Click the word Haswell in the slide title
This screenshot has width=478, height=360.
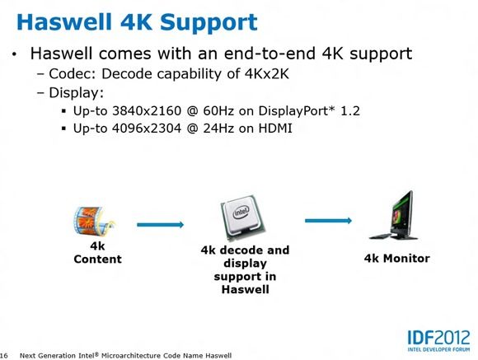pos(64,21)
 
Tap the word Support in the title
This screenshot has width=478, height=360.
pos(209,23)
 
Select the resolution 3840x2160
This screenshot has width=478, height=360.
pos(147,110)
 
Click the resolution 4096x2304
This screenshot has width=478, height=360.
pos(147,129)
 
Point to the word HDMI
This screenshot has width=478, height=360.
pos(275,129)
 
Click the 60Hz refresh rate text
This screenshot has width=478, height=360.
pos(218,110)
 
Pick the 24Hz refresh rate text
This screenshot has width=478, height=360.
pos(218,129)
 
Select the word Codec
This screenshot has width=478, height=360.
pos(73,74)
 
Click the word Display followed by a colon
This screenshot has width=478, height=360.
pos(76,92)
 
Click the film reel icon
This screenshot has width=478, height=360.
pos(95,221)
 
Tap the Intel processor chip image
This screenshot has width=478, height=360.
pos(243,217)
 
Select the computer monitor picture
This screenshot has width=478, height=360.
pos(393,216)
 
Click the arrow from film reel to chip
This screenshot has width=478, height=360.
pos(161,225)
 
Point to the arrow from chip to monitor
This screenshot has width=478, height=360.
pos(328,221)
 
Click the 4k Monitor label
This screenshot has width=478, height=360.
pos(397,259)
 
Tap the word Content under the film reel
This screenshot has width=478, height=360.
pos(97,259)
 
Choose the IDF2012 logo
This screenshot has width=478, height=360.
pos(438,341)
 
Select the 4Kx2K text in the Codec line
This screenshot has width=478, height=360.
pos(266,74)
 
